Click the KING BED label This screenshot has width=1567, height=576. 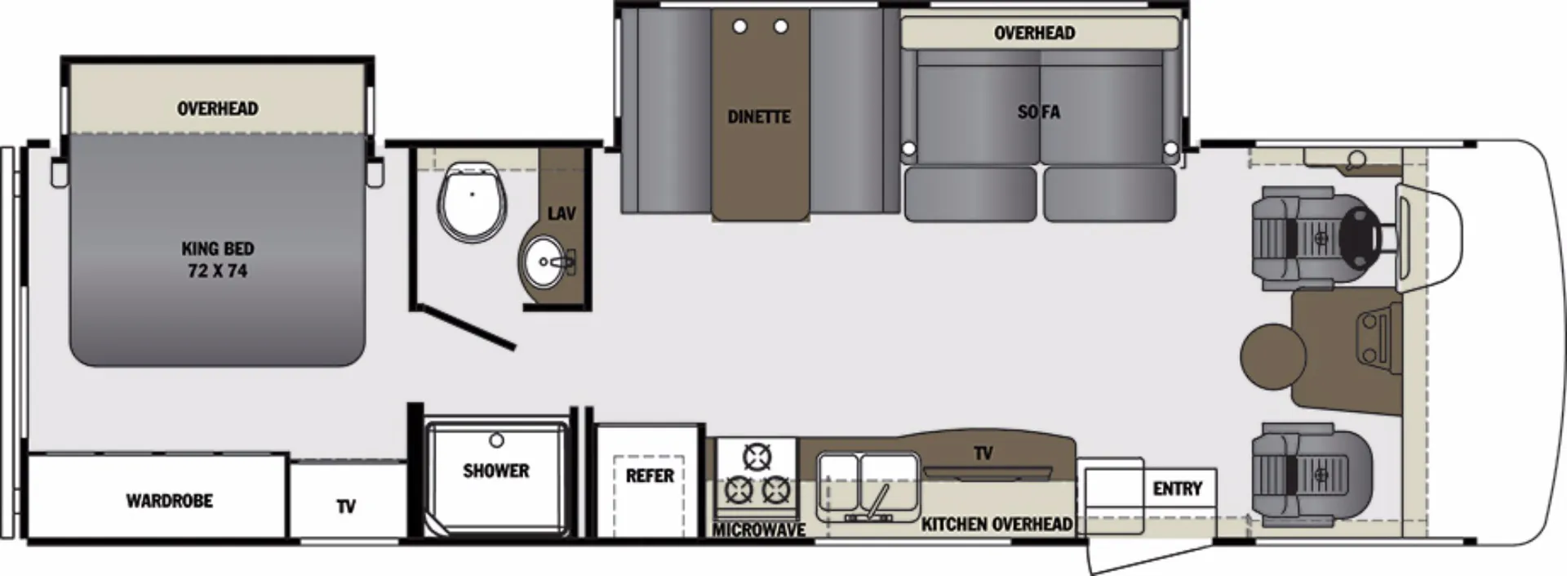[217, 248]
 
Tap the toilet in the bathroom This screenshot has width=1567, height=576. [473, 202]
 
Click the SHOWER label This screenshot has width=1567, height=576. [495, 471]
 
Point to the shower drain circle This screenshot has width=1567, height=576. [496, 440]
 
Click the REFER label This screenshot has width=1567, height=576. [650, 476]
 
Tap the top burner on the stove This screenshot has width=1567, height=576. [757, 455]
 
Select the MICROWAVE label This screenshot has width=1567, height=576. [759, 530]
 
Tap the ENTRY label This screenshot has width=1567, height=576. [1177, 489]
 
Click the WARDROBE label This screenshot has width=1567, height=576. [169, 501]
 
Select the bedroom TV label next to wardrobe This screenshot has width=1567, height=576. [346, 507]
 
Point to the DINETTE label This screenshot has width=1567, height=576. [759, 117]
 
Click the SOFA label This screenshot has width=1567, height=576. [1039, 112]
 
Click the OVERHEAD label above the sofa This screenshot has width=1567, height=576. [1034, 33]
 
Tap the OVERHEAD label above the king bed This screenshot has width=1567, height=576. [217, 109]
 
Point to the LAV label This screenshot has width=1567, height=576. [562, 214]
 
